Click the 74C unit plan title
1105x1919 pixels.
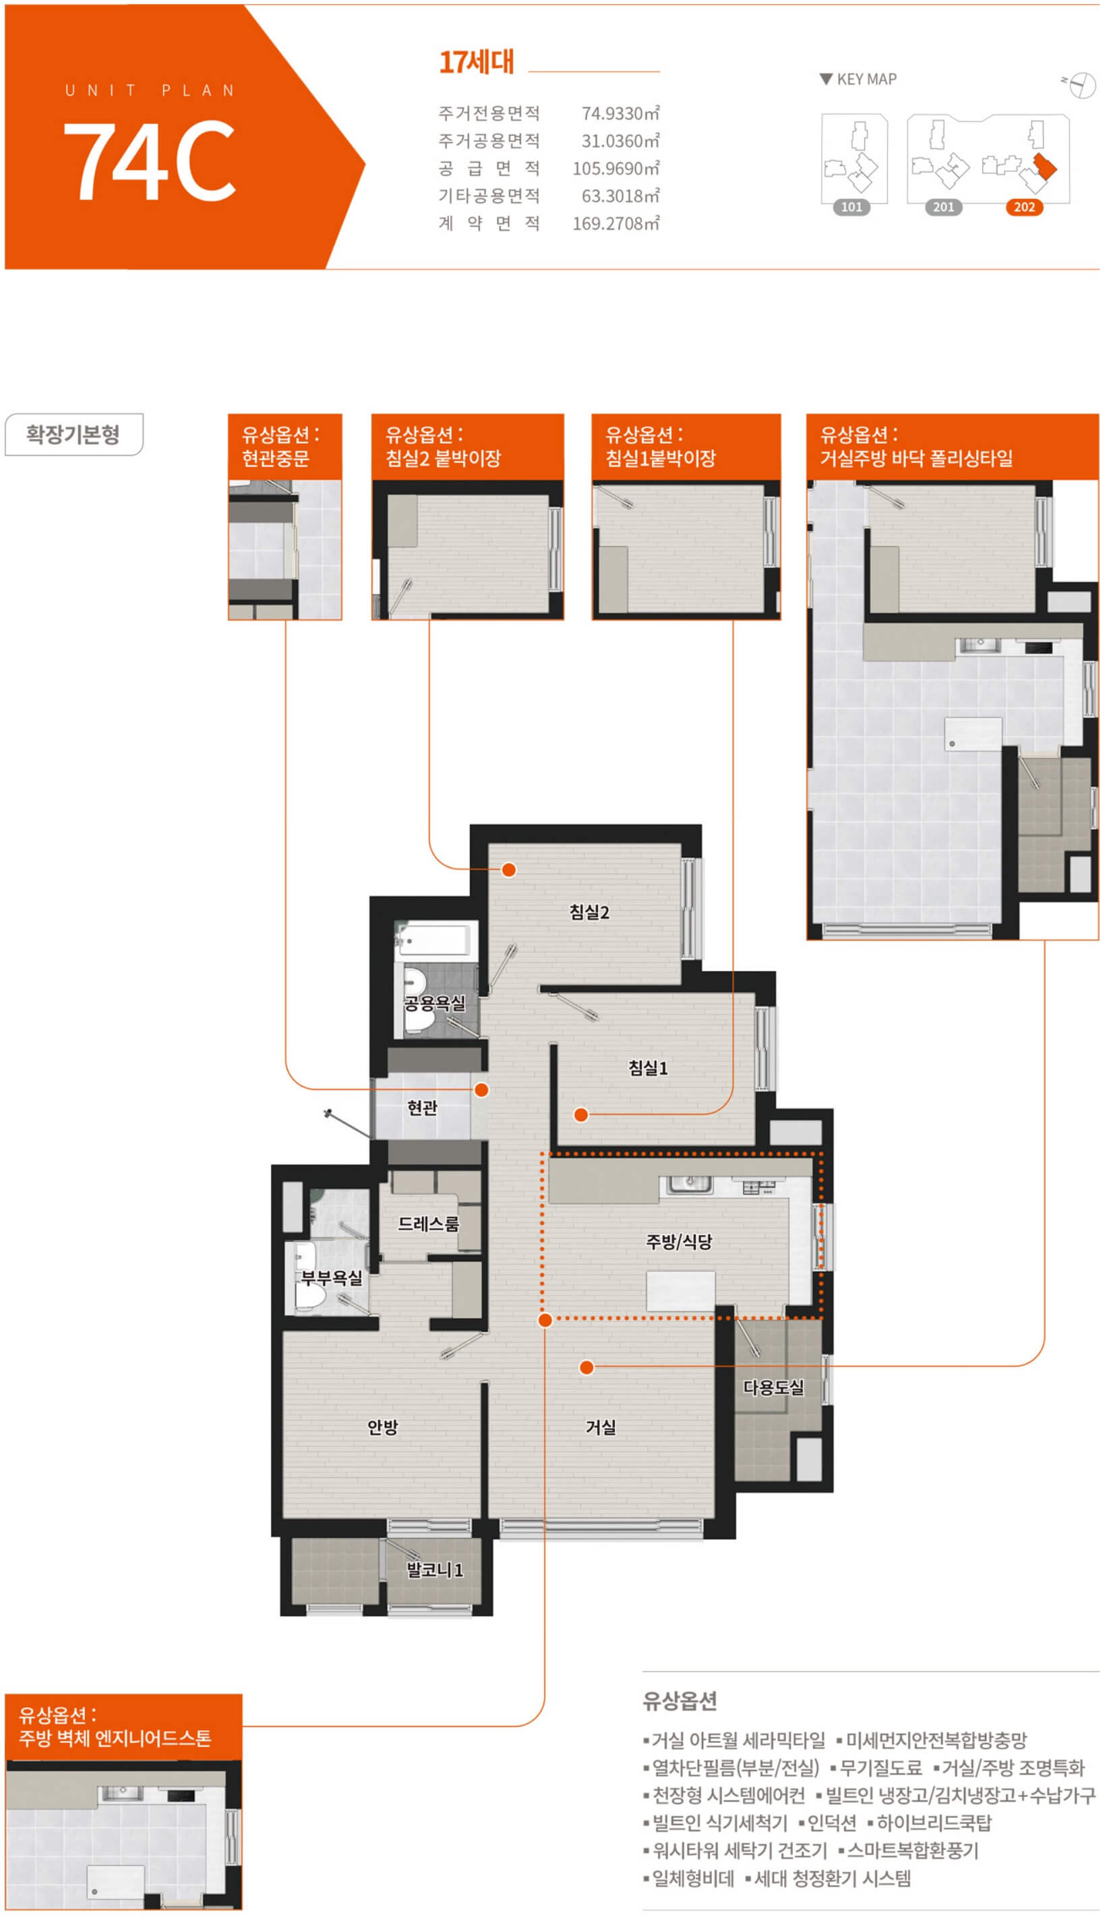click(x=149, y=160)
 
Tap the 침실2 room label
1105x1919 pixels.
click(x=590, y=913)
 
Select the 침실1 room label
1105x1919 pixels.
click(x=648, y=1068)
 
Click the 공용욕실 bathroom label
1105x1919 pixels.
click(x=434, y=1004)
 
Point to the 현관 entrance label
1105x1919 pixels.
click(x=422, y=1108)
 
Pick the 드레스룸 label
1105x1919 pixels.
click(x=429, y=1224)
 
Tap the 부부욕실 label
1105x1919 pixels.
click(x=332, y=1278)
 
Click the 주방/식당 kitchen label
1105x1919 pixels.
click(x=678, y=1242)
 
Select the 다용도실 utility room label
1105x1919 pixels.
click(x=773, y=1387)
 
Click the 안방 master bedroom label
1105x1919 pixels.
click(x=382, y=1427)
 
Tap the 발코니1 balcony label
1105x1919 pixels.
click(x=435, y=1570)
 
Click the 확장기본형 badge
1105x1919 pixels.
click(x=73, y=434)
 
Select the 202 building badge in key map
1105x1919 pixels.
click(x=1024, y=207)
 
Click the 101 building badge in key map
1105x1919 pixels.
click(x=852, y=207)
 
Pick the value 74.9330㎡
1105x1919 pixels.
click(x=621, y=113)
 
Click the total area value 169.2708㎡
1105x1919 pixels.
click(x=616, y=223)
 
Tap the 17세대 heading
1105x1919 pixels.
click(x=477, y=61)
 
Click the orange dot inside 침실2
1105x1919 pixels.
click(x=508, y=870)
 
